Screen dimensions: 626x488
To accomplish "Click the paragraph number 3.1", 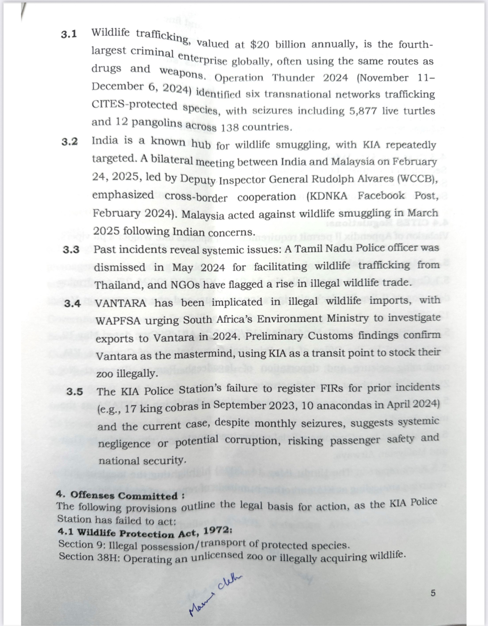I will coord(69,34).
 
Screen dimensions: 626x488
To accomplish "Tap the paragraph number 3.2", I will coord(70,141).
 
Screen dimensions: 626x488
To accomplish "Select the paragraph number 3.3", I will coord(71,250).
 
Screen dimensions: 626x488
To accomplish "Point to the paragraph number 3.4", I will coord(73,303).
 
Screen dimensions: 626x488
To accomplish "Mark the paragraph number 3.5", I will coord(75,392).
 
